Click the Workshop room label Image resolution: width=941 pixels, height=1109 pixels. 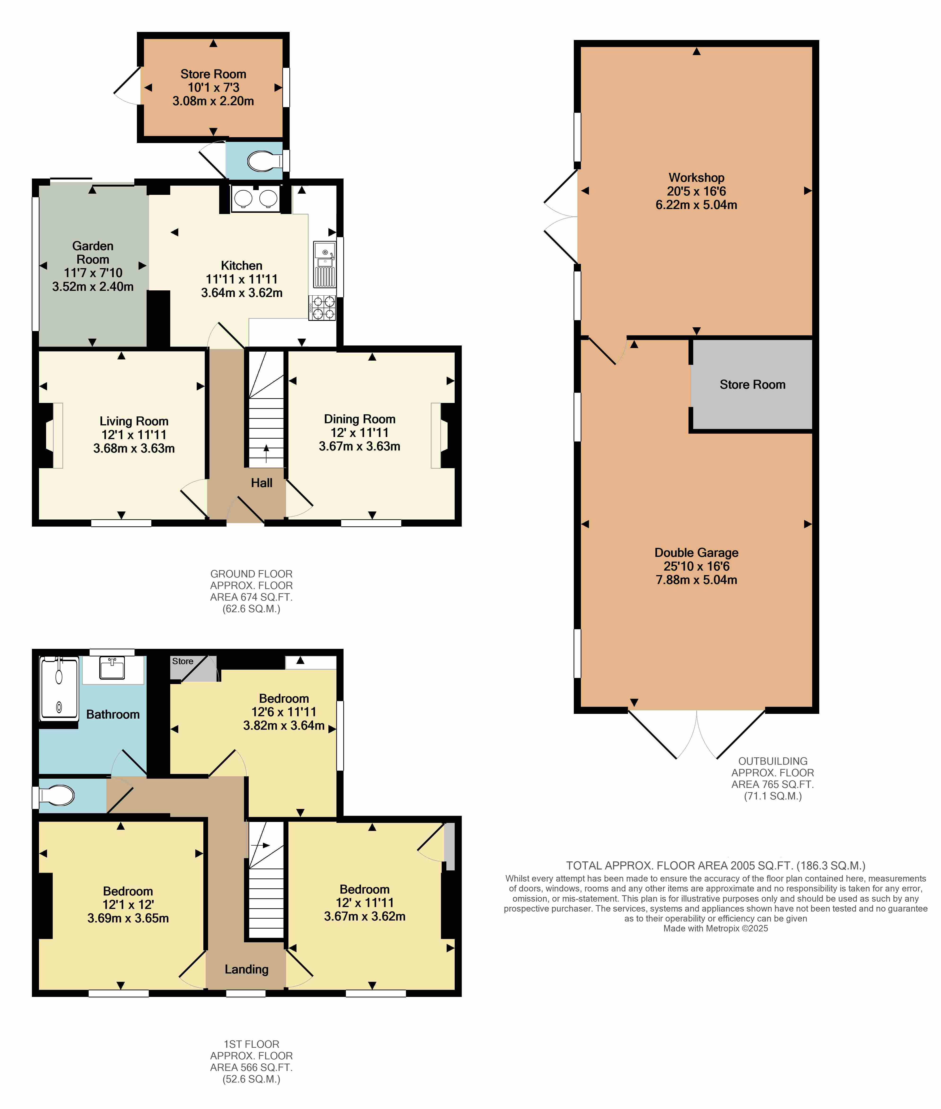click(x=696, y=178)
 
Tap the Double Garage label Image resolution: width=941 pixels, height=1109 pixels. click(x=696, y=553)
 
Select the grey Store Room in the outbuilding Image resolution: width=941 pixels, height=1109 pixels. click(x=752, y=384)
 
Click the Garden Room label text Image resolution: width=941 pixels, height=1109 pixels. click(x=93, y=252)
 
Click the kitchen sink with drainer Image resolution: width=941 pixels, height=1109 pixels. click(x=324, y=265)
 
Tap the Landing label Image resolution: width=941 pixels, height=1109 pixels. click(x=246, y=969)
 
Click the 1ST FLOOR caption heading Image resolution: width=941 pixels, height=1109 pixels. click(x=251, y=1044)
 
